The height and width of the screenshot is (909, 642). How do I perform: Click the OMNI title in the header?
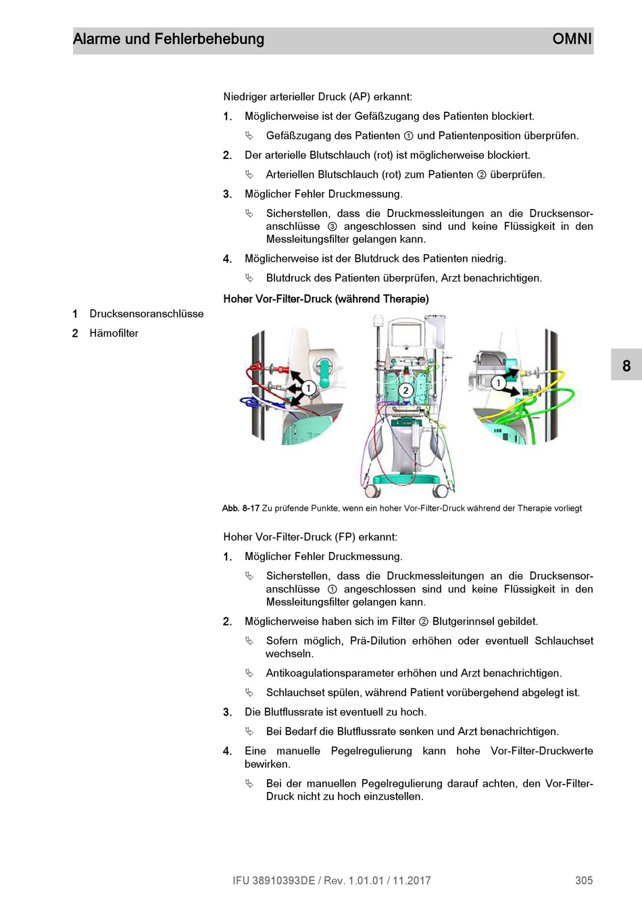click(572, 39)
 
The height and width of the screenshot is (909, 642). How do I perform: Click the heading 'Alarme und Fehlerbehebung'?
click(168, 39)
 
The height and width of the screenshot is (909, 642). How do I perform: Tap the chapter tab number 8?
click(626, 366)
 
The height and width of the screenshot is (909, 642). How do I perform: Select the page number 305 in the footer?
click(584, 881)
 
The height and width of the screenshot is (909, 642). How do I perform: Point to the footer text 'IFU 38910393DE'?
click(274, 881)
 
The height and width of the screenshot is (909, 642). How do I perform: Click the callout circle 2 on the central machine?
click(405, 390)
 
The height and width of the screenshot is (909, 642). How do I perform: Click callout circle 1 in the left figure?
click(308, 388)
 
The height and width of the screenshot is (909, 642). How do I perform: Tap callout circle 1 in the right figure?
click(499, 383)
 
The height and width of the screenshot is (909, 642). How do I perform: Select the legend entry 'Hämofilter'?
click(114, 333)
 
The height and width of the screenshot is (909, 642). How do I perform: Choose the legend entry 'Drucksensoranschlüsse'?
click(146, 314)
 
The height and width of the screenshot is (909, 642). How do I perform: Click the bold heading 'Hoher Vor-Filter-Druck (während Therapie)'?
click(326, 299)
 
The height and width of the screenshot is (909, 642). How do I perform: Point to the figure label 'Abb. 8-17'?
click(241, 509)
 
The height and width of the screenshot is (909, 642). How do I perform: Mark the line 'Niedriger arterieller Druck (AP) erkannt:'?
click(318, 97)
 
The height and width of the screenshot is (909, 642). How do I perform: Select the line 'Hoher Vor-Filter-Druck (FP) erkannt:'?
click(310, 537)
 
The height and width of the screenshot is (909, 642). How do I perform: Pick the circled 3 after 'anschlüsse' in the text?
click(332, 227)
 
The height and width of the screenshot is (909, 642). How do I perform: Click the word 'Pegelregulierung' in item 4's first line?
click(371, 751)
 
